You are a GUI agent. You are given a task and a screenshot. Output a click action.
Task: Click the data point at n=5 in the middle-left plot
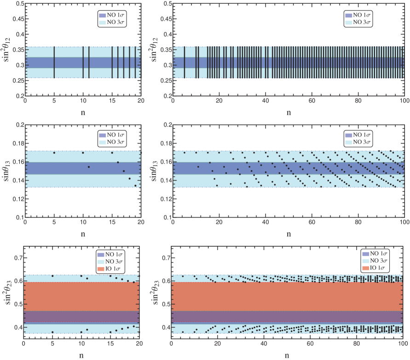tap(54, 153)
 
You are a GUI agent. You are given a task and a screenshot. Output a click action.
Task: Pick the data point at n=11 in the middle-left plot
tap(89, 166)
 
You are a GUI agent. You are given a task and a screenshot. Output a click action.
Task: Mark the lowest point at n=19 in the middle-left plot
tap(135, 186)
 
